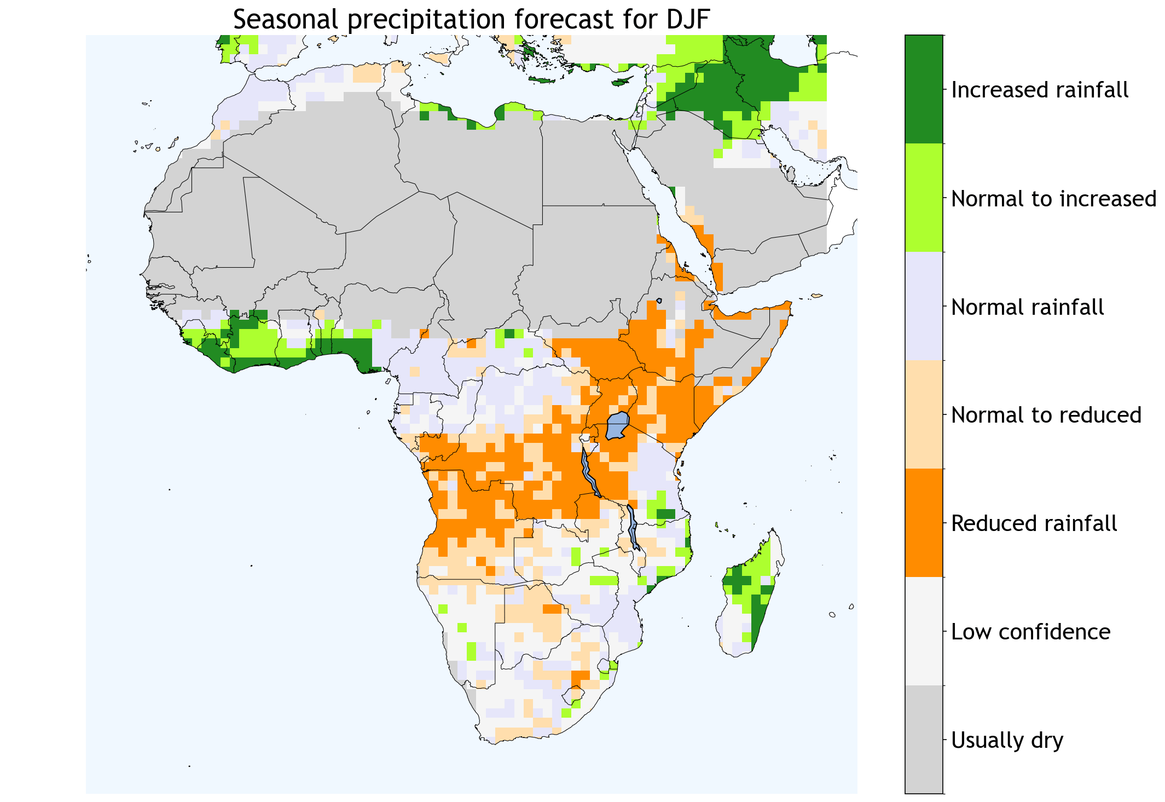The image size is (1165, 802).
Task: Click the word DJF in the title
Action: point(687,20)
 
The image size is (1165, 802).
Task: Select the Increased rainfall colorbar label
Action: point(1039,90)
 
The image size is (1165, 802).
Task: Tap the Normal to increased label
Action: point(1053,199)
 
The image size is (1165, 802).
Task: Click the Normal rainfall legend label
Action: point(1027,307)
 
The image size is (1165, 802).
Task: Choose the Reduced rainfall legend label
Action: point(1034,523)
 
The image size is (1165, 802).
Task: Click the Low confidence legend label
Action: point(1030,632)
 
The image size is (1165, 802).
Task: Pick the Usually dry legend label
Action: point(1007,740)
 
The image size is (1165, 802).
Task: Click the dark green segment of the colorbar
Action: point(924,89)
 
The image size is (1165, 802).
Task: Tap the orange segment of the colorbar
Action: point(924,523)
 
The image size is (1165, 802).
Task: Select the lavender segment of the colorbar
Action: point(924,306)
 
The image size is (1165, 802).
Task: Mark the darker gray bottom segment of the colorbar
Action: point(924,739)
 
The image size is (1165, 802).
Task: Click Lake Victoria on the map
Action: point(617,426)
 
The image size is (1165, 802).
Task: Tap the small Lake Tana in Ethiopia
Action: point(659,301)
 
